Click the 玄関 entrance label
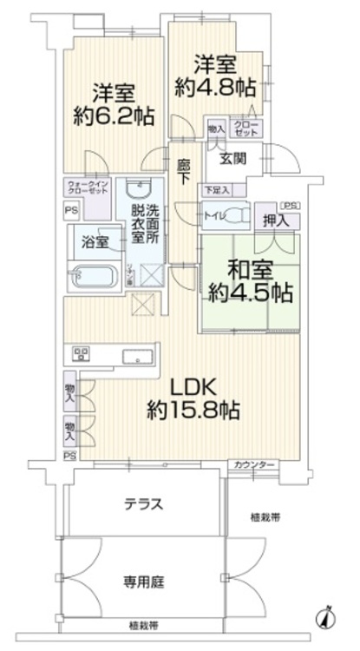tap(232, 159)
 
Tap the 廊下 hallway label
tap(183, 171)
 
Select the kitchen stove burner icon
tap(82, 353)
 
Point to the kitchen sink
tap(137, 355)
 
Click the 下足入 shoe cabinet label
tap(217, 189)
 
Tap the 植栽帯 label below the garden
tap(144, 625)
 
